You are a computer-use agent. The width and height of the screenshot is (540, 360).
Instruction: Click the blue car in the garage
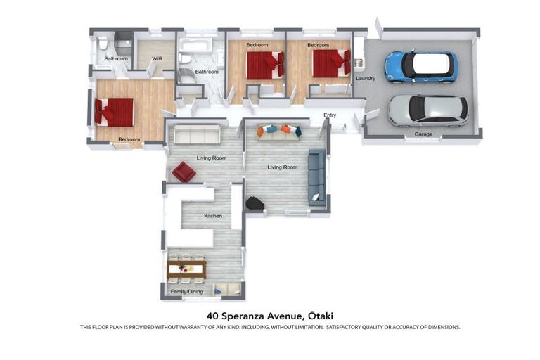[x=420, y=67]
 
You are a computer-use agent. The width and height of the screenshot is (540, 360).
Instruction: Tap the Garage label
[x=423, y=134]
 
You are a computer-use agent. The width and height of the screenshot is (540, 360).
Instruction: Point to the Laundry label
[x=366, y=78]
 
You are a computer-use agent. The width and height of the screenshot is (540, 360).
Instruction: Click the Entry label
[x=330, y=115]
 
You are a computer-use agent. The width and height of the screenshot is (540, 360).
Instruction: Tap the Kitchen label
[x=213, y=215]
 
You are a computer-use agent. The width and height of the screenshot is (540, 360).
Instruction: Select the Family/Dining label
[x=187, y=290]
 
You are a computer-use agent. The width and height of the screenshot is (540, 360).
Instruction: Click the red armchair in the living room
[x=184, y=172]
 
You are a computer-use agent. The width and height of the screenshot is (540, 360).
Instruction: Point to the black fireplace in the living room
[x=255, y=202]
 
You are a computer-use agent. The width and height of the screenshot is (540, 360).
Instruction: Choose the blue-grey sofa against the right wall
[x=316, y=176]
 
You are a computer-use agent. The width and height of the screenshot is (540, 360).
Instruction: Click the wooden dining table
[x=186, y=267]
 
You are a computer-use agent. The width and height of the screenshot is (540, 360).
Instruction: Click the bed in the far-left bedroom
[x=115, y=112]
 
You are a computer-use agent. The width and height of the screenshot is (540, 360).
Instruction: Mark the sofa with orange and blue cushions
[x=278, y=131]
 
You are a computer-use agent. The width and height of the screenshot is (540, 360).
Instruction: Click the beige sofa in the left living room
[x=198, y=134]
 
